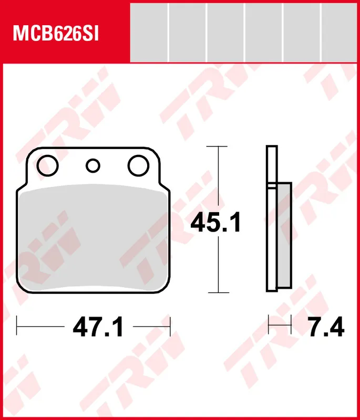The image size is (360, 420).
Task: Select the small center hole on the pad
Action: tap(93, 166)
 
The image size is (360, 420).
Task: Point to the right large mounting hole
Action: tap(138, 165)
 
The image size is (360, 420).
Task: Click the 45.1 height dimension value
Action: tap(215, 223)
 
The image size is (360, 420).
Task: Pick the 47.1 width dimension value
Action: tap(98, 328)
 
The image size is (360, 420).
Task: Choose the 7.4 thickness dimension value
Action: tap(326, 328)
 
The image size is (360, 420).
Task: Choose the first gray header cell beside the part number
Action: tap(149, 33)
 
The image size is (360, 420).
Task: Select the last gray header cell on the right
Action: tap(341, 33)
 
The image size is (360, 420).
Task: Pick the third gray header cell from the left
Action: tap(225, 33)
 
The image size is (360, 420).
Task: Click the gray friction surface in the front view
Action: tap(95, 236)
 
